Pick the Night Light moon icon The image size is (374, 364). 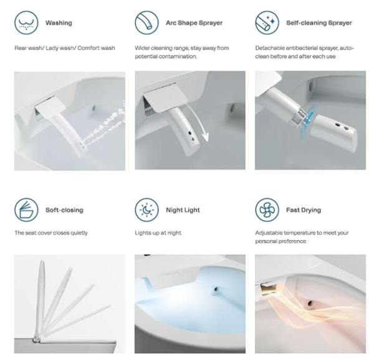(x=146, y=210)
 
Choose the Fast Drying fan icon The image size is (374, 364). (x=266, y=210)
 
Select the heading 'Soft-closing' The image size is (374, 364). (x=64, y=210)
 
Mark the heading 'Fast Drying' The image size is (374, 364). (x=305, y=210)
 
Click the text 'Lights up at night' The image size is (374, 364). (x=159, y=233)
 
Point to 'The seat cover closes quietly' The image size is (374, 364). (x=51, y=233)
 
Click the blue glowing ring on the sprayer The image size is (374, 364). (x=307, y=119)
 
